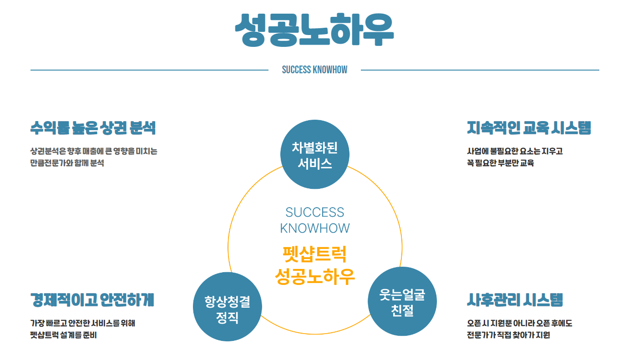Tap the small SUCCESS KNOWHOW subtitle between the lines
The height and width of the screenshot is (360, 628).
pyautogui.click(x=314, y=70)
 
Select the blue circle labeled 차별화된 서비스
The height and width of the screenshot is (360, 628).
pyautogui.click(x=314, y=154)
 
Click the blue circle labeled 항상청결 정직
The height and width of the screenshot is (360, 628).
pyautogui.click(x=227, y=307)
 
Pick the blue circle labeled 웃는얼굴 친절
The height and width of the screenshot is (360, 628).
pyautogui.click(x=402, y=302)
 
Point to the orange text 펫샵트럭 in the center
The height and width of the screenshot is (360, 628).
pyautogui.click(x=314, y=254)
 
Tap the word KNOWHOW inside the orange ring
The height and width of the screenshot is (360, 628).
pyautogui.click(x=314, y=228)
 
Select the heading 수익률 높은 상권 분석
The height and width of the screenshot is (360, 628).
pyautogui.click(x=93, y=128)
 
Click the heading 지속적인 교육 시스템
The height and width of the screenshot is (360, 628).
pyautogui.click(x=529, y=128)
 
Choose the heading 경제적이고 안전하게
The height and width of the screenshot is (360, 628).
pyautogui.click(x=92, y=300)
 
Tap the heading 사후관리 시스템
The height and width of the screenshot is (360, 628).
pyautogui.click(x=515, y=300)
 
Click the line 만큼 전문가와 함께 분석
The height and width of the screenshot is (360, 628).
pyautogui.click(x=67, y=163)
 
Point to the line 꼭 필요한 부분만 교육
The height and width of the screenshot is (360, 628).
pyautogui.click(x=500, y=163)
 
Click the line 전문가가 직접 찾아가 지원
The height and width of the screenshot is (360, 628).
pyautogui.click(x=508, y=335)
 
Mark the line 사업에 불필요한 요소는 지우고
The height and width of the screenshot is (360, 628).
pyautogui.click(x=515, y=151)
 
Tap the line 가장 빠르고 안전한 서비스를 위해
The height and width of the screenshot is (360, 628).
pyautogui.click(x=82, y=324)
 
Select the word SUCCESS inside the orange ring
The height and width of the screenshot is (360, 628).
pyautogui.click(x=314, y=212)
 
